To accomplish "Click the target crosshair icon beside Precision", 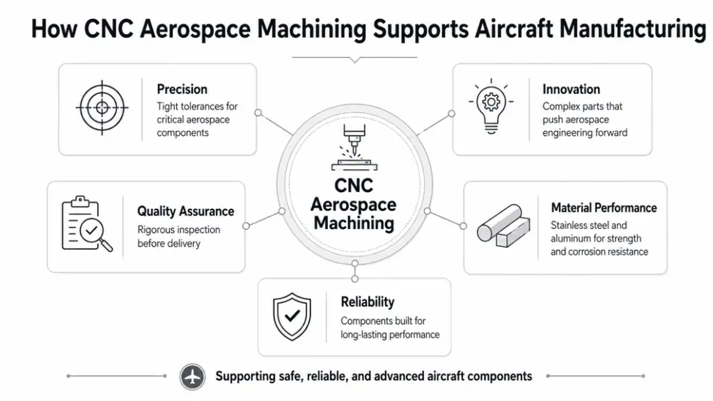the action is coord(102,108).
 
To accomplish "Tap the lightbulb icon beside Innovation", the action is coord(491,106).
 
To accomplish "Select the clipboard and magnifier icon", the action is coord(86,223).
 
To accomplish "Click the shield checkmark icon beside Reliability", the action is coord(292,317).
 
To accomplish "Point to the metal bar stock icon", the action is coord(503,226).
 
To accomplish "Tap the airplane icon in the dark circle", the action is coord(192,377).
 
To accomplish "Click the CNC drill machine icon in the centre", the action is coord(354,148).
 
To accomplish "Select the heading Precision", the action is coord(182,89).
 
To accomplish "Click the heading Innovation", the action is coord(571,89).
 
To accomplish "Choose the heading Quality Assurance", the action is coord(185,212).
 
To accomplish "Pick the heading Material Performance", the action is coord(604,207).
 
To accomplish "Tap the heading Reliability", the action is coord(368,302).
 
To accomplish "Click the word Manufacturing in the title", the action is coord(632,29).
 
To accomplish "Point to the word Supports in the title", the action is coord(421,29).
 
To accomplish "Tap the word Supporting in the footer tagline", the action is coord(246,377).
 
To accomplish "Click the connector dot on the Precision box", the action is coord(258,112).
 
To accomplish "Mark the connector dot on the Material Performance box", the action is coord(463,226).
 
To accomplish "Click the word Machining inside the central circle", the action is coord(354,223).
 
